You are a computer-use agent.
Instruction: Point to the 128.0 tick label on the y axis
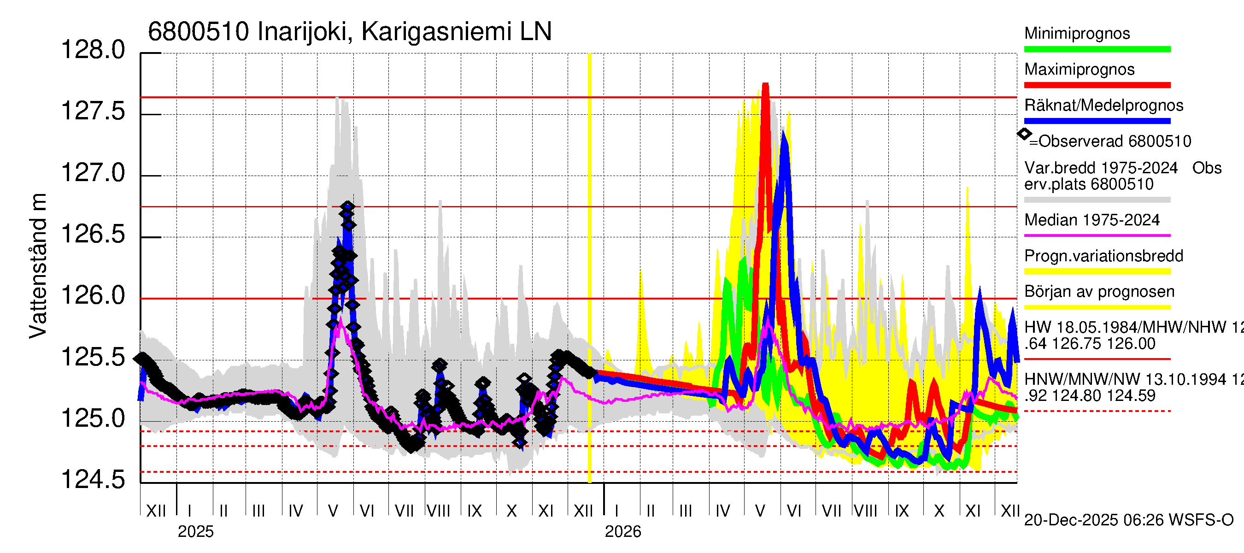click(93, 50)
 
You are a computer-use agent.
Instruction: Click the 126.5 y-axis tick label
click(93, 235)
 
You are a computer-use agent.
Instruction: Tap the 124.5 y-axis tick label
click(93, 480)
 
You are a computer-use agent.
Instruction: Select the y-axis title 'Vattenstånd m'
click(38, 265)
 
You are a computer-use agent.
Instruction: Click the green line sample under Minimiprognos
click(1097, 49)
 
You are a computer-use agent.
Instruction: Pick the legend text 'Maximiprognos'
click(1080, 70)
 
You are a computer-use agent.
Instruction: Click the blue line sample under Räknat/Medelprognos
click(1097, 121)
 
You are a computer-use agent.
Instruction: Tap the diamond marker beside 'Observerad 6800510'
click(1024, 134)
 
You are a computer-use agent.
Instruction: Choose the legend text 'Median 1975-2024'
click(1091, 220)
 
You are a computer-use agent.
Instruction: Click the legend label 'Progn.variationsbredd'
click(1103, 256)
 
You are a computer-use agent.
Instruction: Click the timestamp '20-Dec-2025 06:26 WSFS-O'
click(1128, 520)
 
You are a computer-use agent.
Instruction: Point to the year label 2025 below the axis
click(195, 532)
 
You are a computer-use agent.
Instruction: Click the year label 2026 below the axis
click(623, 532)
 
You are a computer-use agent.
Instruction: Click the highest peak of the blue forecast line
click(783, 133)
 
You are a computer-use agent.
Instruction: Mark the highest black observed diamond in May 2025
click(347, 207)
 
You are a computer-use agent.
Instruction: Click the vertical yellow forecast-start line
click(590, 265)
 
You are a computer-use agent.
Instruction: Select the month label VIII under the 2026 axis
click(865, 511)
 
